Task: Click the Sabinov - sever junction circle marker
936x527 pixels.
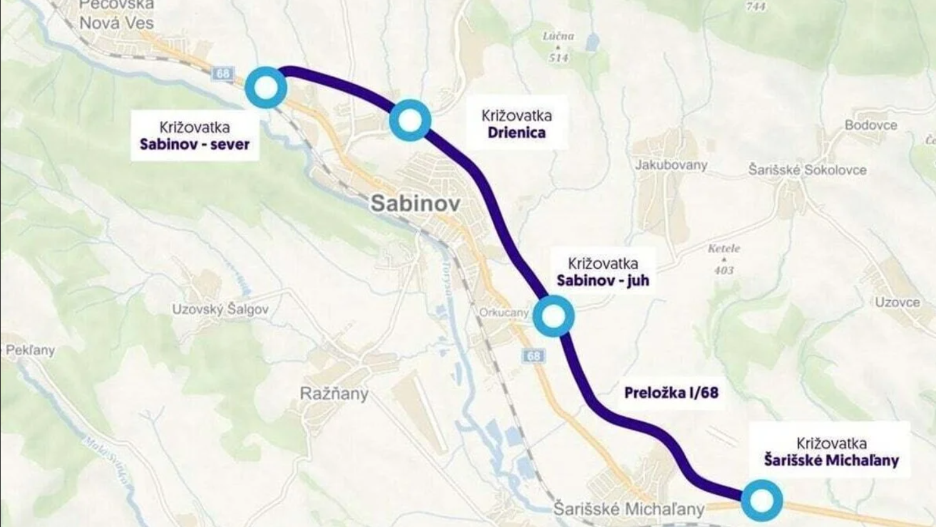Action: [266, 88]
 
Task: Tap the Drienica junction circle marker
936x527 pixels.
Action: [410, 120]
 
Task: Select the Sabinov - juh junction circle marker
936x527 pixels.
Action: [553, 316]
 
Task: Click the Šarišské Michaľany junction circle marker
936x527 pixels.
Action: [762, 501]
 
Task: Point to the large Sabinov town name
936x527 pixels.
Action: [415, 203]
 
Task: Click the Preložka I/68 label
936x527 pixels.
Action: [671, 393]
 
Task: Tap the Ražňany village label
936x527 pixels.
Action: [334, 394]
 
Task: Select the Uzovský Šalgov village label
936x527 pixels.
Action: [220, 309]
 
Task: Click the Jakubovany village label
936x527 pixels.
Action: [671, 165]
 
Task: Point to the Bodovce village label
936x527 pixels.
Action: [870, 125]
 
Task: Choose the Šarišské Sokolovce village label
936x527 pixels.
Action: [808, 170]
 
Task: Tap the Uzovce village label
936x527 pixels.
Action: [897, 302]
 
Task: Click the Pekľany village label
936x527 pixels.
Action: [30, 350]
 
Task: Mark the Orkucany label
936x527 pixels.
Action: [504, 312]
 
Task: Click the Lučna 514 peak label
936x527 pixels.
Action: [558, 47]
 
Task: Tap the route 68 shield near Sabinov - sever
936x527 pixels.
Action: [223, 73]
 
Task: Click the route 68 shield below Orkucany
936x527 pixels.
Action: [533, 356]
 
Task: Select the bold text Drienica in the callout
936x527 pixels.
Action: [517, 133]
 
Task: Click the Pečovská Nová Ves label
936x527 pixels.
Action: [116, 15]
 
